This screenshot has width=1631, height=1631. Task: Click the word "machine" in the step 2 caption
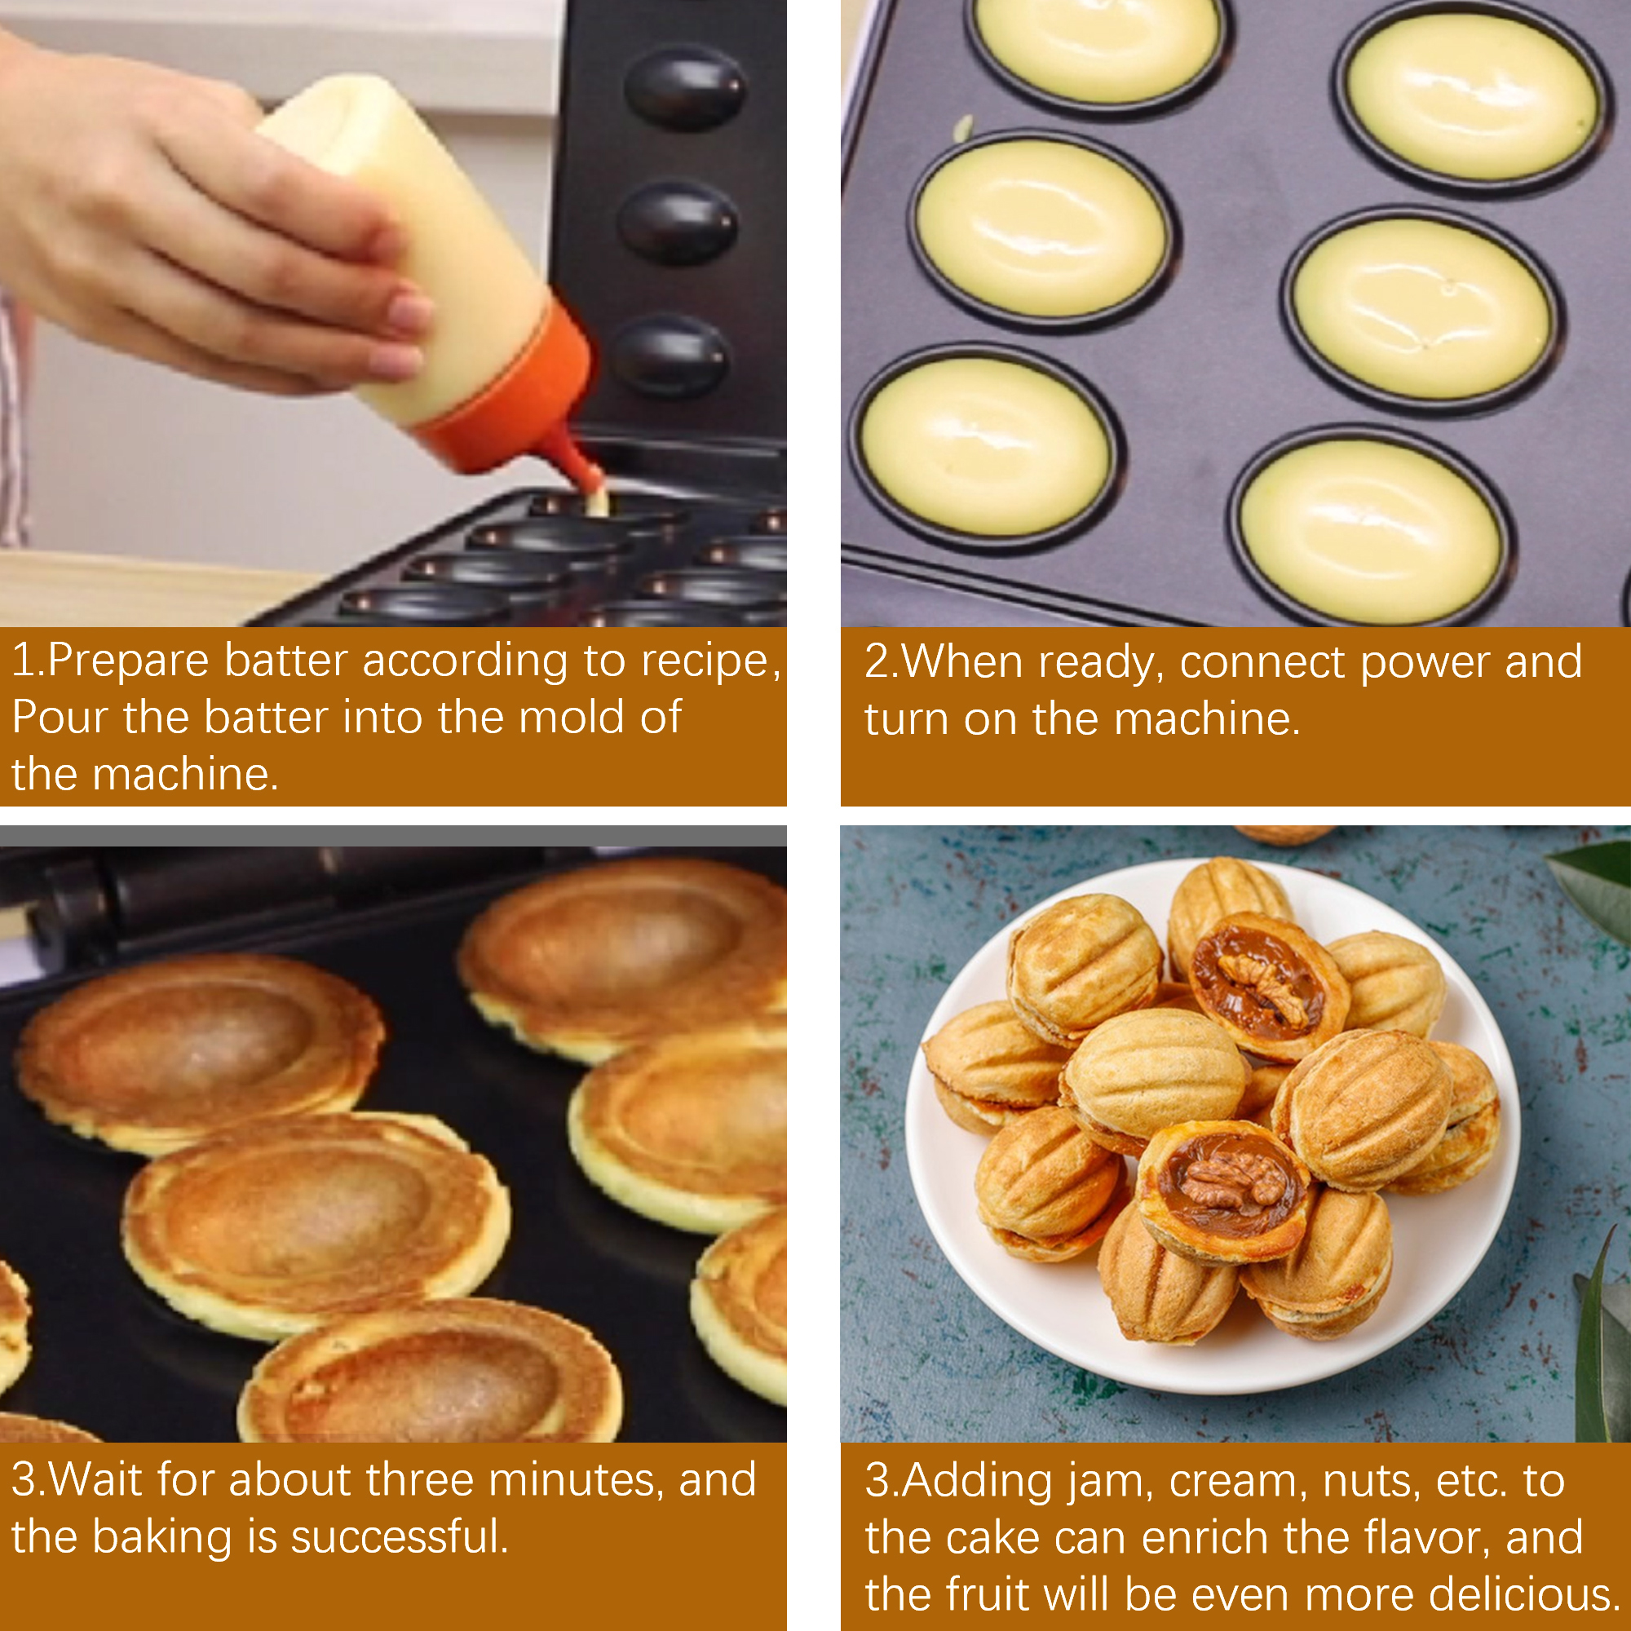pos(1206,718)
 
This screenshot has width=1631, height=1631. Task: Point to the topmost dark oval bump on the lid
pos(685,87)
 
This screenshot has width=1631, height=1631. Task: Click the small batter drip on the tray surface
pos(961,128)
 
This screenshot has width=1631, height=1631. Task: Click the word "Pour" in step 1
pos(59,718)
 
